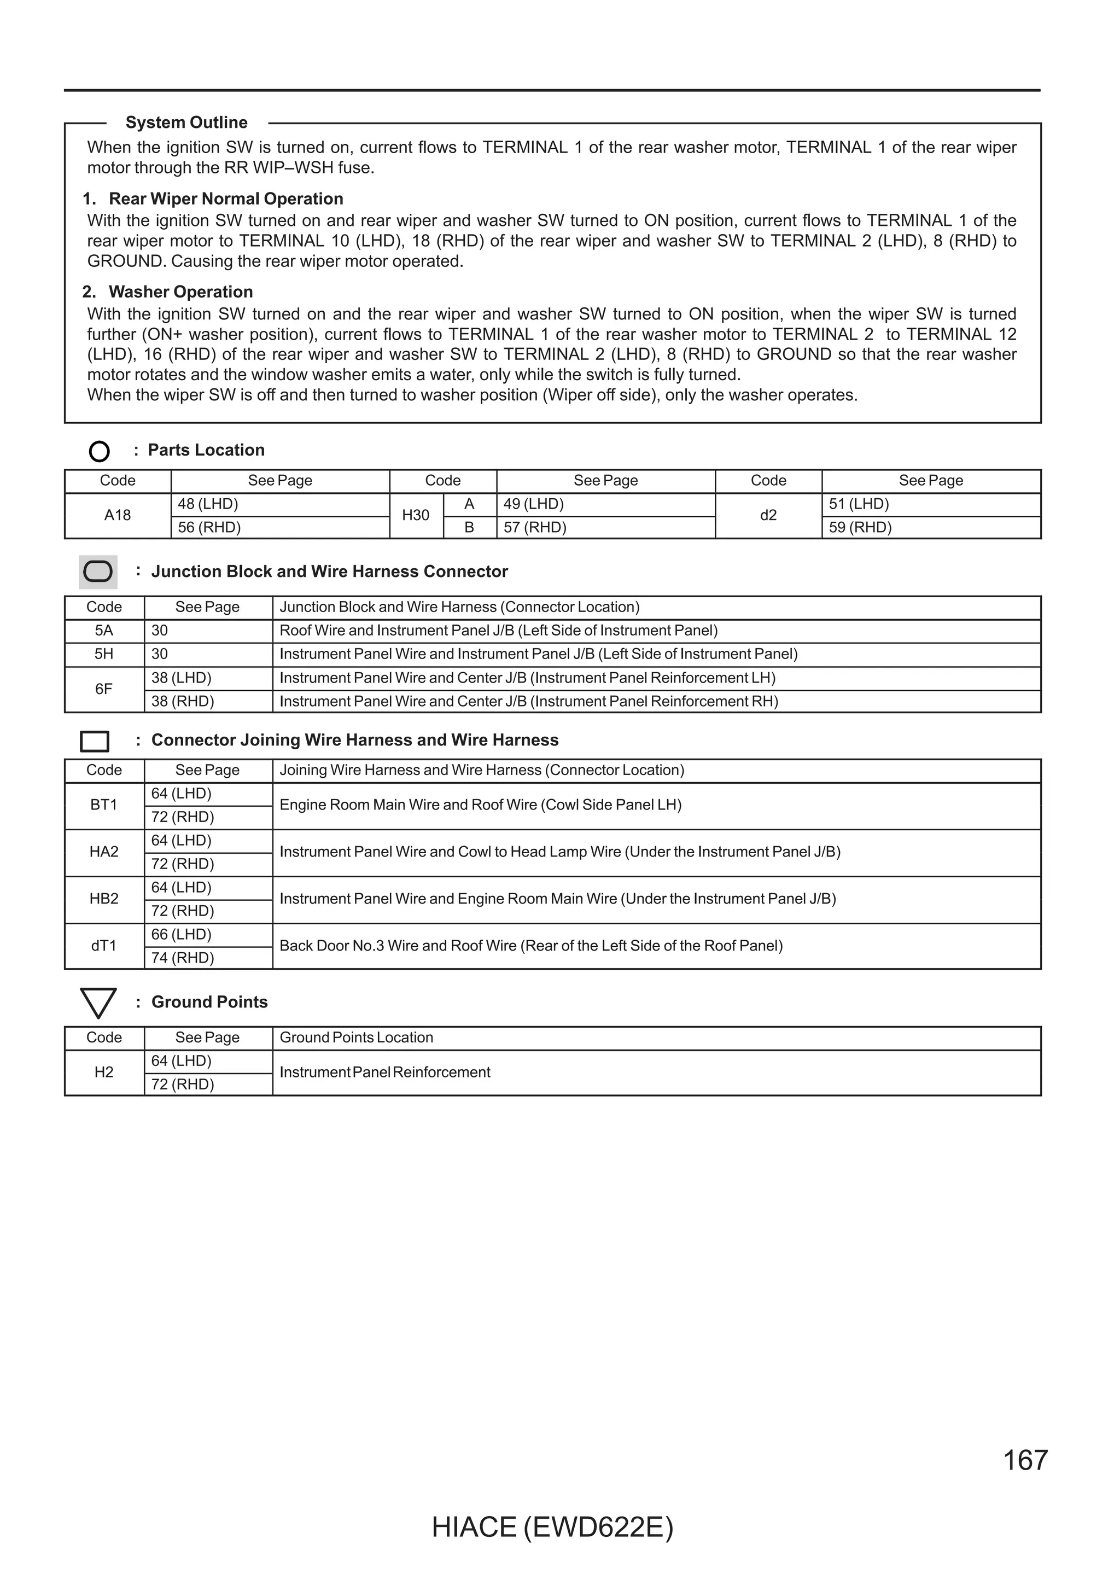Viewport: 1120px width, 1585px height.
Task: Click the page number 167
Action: click(1025, 1460)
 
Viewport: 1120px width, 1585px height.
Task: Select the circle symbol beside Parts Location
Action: click(100, 451)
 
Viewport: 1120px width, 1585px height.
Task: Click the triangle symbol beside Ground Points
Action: click(98, 1003)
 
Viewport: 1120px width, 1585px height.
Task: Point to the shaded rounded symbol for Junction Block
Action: click(98, 572)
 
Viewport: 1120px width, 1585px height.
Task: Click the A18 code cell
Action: click(118, 515)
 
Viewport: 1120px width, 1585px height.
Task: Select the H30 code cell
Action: click(416, 515)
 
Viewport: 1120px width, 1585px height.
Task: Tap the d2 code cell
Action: click(768, 515)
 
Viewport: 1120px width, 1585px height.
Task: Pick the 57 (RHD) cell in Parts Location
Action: click(535, 527)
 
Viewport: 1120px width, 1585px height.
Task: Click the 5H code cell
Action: click(103, 654)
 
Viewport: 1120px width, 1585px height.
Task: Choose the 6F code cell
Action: click(103, 689)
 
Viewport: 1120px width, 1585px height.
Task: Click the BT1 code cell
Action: click(103, 805)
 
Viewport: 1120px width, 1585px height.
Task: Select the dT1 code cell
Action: click(103, 946)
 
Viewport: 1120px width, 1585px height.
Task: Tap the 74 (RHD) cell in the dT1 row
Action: click(183, 958)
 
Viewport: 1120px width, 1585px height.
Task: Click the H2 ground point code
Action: click(103, 1072)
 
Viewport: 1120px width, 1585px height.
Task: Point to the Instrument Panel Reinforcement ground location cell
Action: click(384, 1072)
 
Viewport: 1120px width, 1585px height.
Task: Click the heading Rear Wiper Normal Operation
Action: click(226, 199)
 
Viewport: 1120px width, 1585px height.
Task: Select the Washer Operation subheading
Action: click(181, 292)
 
